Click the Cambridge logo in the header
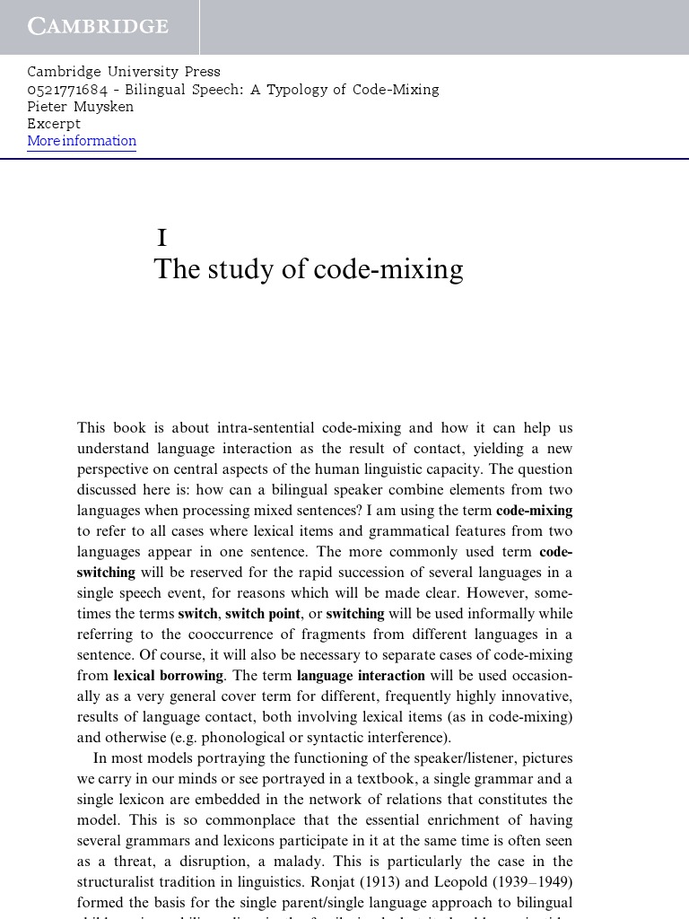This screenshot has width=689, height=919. tap(98, 26)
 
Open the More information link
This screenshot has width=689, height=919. tap(82, 141)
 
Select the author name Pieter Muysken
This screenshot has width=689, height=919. tap(80, 107)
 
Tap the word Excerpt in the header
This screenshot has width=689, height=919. tap(54, 124)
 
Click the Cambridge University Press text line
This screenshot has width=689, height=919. tap(123, 72)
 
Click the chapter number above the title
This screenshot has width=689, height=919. tap(162, 238)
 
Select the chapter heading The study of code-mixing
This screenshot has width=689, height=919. tap(308, 269)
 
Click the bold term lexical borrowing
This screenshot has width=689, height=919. tap(168, 676)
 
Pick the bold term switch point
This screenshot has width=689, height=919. tap(262, 614)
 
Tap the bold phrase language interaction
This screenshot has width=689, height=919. tap(361, 676)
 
